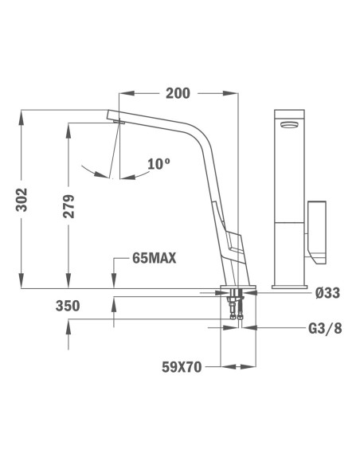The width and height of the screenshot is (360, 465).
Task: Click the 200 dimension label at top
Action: pyautogui.click(x=178, y=93)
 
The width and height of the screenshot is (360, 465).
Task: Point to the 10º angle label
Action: pyautogui.click(x=158, y=164)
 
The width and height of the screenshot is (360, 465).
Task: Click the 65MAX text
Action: pyautogui.click(x=154, y=257)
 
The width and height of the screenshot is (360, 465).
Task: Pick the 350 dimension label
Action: pyautogui.click(x=68, y=305)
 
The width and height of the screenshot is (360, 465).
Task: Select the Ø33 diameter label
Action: pyautogui.click(x=327, y=293)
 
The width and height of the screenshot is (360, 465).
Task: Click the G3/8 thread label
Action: pyautogui.click(x=327, y=328)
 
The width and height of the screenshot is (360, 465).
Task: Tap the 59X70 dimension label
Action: pyautogui.click(x=181, y=368)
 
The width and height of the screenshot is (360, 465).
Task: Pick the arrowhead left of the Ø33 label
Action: pyautogui.click(x=258, y=293)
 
